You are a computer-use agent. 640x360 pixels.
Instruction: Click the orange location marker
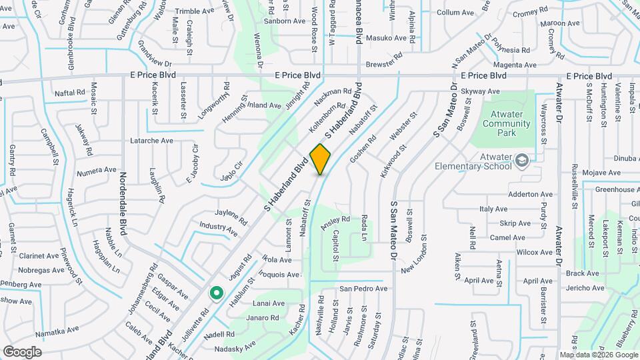321,158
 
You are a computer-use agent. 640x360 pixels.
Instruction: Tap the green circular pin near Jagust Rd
216,292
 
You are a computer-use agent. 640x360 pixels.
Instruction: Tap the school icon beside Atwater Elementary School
522,161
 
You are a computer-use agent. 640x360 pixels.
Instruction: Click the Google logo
22,351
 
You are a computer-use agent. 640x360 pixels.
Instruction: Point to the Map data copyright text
598,355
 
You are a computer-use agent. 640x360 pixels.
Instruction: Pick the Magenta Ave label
514,65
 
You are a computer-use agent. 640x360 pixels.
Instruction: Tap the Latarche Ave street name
151,141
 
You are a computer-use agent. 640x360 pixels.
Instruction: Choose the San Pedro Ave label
363,289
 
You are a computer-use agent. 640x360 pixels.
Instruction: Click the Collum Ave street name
455,13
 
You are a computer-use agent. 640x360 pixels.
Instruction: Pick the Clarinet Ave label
39,255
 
